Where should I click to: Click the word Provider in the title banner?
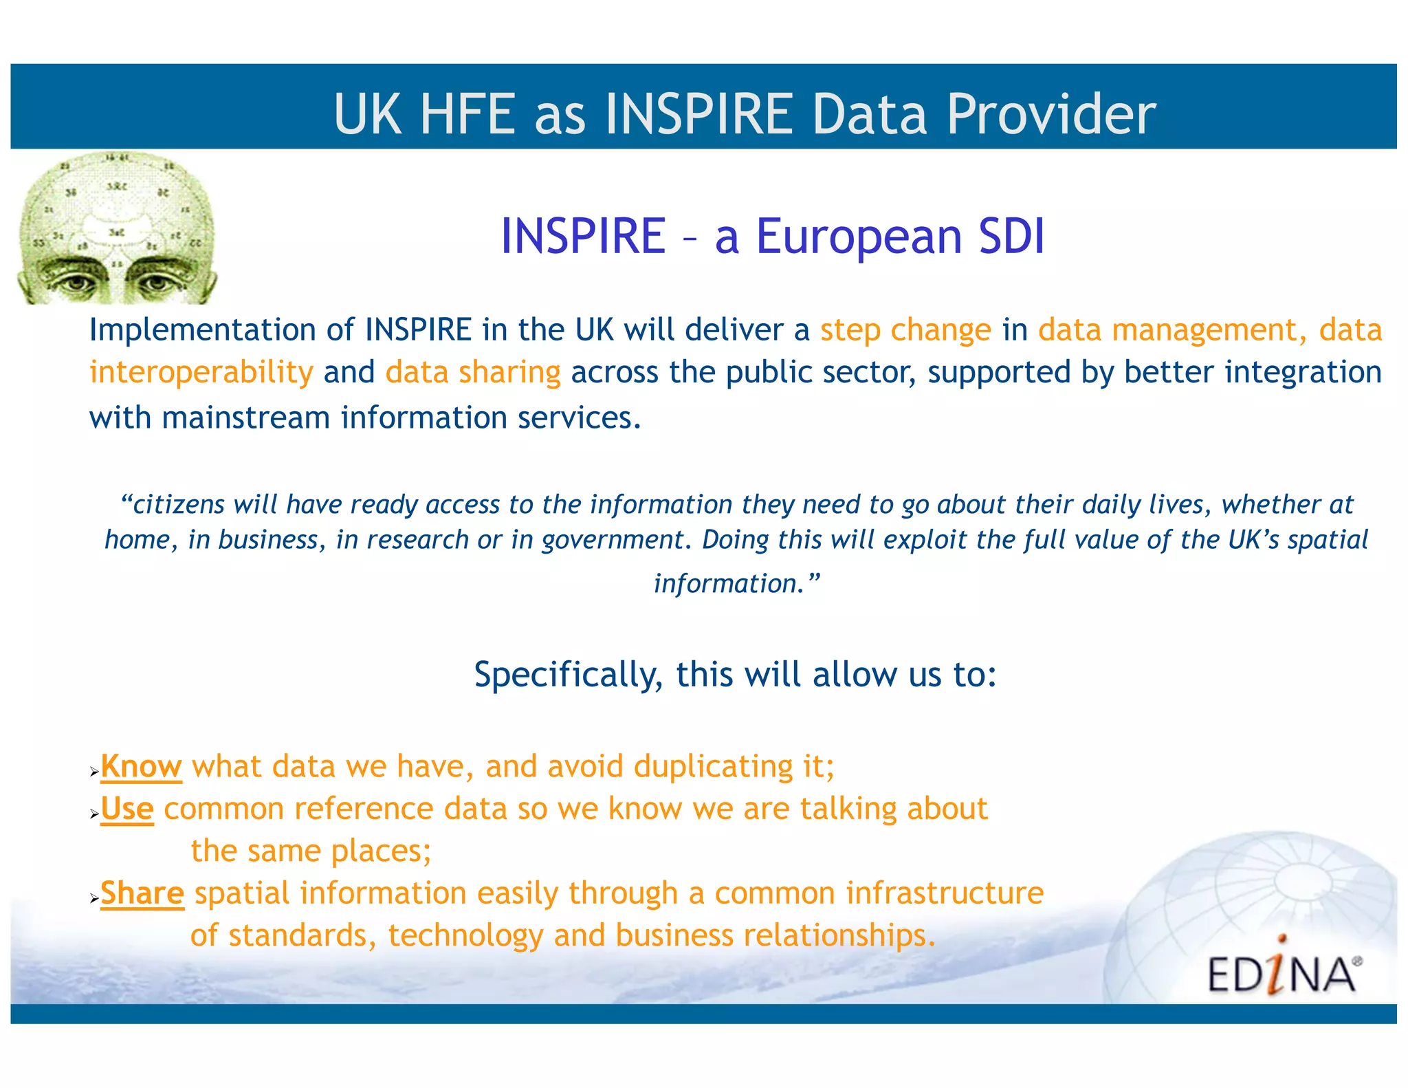tap(1051, 114)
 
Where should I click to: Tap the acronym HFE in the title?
tap(467, 114)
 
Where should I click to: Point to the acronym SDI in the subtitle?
tap(1011, 236)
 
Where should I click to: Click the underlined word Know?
tap(141, 767)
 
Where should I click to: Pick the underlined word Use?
tap(127, 809)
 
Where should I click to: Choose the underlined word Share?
tap(142, 893)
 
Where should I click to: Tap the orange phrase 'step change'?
tap(905, 330)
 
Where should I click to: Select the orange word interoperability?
tap(201, 373)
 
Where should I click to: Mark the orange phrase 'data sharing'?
tap(473, 373)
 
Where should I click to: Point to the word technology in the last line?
tap(465, 936)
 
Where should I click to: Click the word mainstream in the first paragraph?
tap(245, 418)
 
